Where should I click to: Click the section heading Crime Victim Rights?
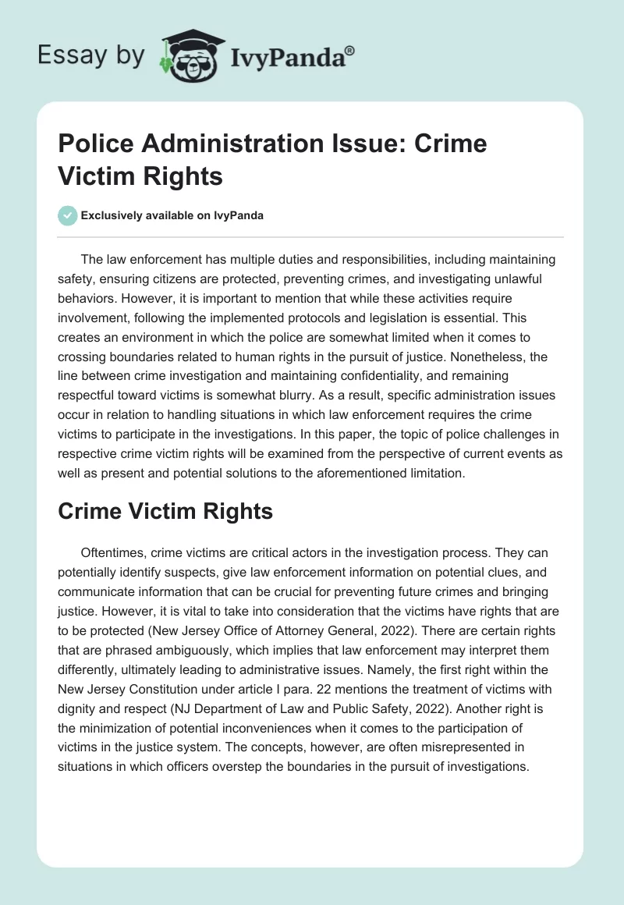[165, 510]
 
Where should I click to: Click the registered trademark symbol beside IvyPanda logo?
[350, 48]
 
